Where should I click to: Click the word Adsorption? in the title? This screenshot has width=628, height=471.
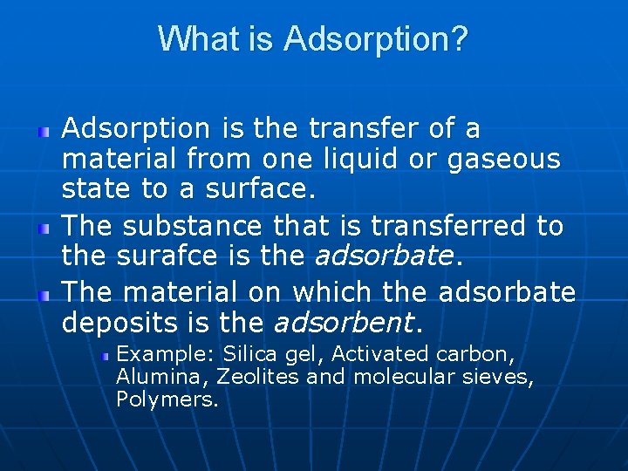click(376, 39)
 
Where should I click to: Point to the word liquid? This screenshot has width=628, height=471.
click(396, 160)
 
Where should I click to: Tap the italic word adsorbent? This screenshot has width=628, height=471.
click(344, 324)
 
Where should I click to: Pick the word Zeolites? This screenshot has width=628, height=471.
click(257, 377)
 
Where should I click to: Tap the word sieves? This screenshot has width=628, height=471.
click(500, 377)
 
